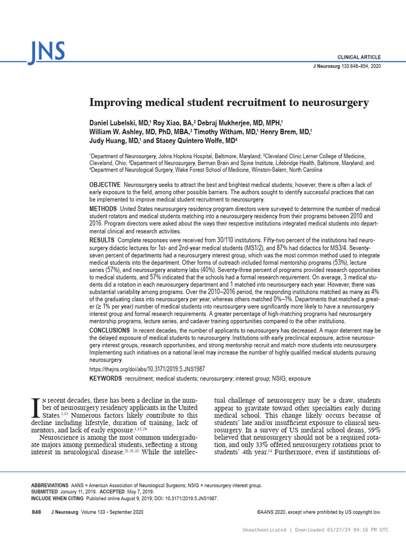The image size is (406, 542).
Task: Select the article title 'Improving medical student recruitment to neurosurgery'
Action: click(228, 102)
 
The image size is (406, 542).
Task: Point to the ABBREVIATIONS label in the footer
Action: click(50, 485)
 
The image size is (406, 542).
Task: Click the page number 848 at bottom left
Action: click(36, 512)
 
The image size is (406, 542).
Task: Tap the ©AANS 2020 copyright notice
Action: click(319, 512)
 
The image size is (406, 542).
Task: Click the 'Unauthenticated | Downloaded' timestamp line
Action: click(315, 530)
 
